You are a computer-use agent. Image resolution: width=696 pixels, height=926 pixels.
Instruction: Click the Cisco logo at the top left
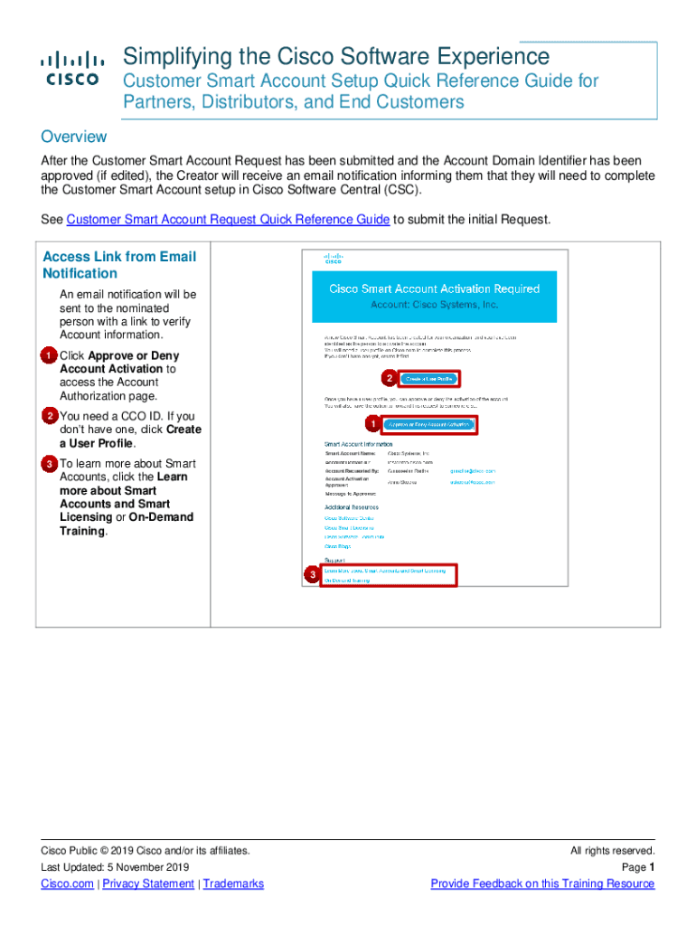click(69, 70)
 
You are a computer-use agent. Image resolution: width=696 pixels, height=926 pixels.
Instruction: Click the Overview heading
click(74, 137)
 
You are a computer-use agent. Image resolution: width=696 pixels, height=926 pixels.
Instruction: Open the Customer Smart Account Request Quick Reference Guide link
click(229, 220)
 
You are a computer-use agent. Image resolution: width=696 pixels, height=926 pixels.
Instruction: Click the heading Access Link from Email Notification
click(118, 264)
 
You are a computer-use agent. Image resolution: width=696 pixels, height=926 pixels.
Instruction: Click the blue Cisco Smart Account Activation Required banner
click(434, 297)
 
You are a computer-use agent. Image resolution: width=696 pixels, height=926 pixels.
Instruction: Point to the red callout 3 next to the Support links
click(312, 575)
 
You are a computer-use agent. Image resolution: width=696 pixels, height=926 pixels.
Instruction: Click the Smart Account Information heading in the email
click(358, 444)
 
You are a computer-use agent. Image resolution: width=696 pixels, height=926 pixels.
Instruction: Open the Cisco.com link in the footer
click(67, 883)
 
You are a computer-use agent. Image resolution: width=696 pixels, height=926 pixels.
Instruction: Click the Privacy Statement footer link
click(148, 883)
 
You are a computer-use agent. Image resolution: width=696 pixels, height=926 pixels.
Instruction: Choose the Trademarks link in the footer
click(233, 883)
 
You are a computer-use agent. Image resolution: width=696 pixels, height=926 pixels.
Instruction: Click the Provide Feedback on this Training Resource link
click(542, 883)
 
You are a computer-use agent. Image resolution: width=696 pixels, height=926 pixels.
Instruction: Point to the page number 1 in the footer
click(651, 867)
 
